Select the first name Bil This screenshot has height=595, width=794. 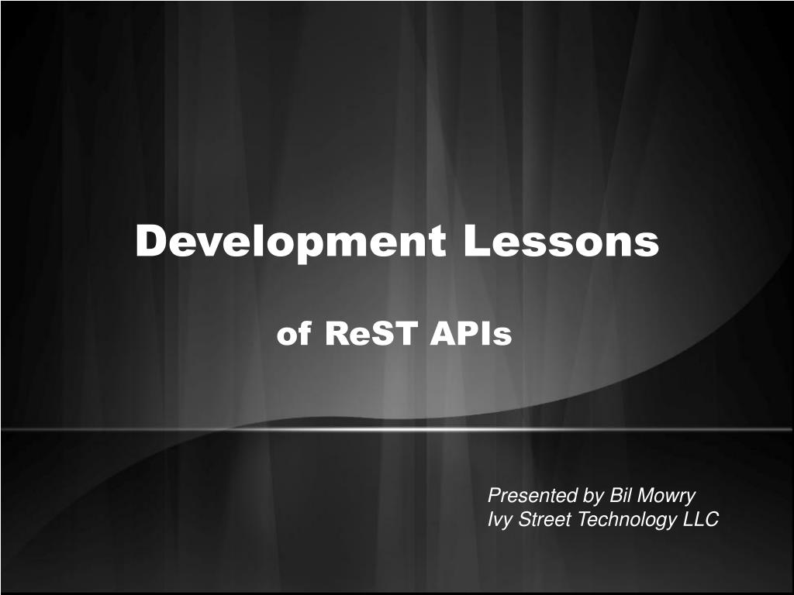(621, 495)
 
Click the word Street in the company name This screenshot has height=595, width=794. (545, 519)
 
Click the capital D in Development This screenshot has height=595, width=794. (152, 240)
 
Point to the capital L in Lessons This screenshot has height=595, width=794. (476, 240)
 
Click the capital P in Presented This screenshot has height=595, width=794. (495, 495)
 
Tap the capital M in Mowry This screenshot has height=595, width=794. (647, 495)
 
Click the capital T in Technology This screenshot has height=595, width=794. (585, 519)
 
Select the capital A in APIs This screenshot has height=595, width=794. (443, 333)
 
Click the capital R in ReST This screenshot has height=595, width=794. (337, 333)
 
